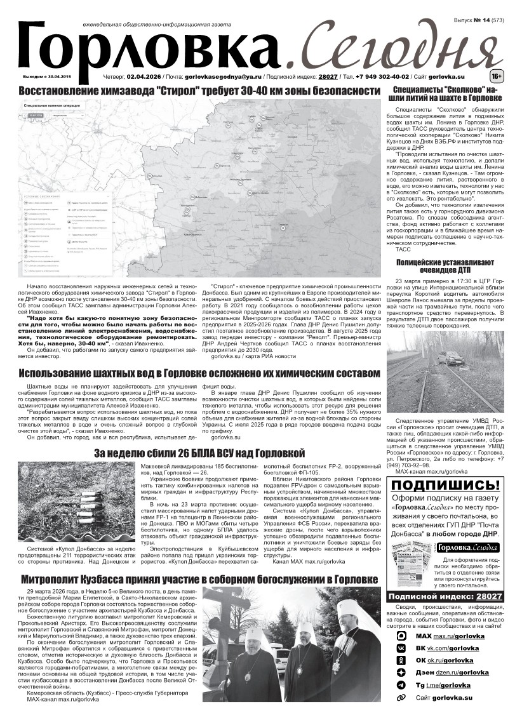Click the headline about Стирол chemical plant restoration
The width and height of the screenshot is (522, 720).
[x=199, y=91]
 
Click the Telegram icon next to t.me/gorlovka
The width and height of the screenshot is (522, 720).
[x=401, y=685]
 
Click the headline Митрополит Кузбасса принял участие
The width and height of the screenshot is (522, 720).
[x=199, y=579]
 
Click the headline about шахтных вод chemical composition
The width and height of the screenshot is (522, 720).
[x=199, y=373]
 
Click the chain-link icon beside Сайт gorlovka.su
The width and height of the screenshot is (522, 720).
[x=401, y=697]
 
